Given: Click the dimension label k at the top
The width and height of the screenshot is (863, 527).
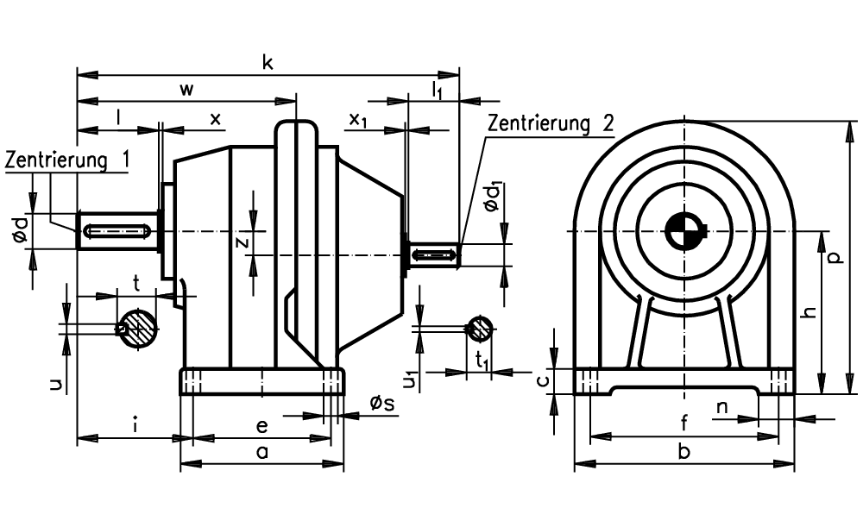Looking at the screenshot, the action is [268, 62].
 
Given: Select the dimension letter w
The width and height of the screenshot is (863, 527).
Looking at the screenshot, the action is [187, 90].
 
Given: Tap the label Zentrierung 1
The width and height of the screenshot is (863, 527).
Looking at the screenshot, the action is [67, 160].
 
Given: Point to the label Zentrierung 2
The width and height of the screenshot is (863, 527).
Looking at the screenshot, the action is [551, 123].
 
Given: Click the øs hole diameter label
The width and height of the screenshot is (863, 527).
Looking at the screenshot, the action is [382, 403].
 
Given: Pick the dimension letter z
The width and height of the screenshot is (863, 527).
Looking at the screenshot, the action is [243, 242].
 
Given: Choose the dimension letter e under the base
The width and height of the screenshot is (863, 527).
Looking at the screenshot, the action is [262, 426].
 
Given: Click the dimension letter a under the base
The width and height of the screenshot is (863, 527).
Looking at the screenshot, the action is [262, 452].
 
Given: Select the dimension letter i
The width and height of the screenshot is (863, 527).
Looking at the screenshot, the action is [135, 424].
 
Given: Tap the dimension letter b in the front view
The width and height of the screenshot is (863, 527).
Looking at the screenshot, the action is [684, 451].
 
